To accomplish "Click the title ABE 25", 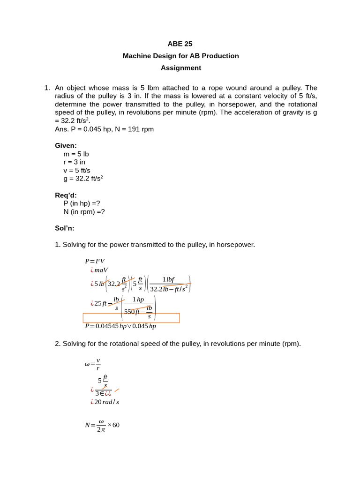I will [180, 44].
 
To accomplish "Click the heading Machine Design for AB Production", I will [180, 56].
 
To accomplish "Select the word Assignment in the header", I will [180, 68].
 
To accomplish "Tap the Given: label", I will [66, 145].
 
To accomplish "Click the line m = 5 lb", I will [76, 154].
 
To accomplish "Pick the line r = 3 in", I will [74, 162].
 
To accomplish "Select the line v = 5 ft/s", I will [77, 170].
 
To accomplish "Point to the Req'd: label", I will [66, 195].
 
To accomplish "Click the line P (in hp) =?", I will [82, 203].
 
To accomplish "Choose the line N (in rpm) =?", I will [84, 211].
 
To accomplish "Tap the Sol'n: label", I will [65, 228].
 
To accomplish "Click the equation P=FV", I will [95, 261].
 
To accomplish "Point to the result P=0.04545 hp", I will [105, 326].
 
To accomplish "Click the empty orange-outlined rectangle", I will [131, 318].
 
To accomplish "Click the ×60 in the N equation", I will [113, 425].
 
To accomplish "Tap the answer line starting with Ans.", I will [104, 129].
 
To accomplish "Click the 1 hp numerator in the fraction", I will [138, 300].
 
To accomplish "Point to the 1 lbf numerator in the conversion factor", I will [168, 279].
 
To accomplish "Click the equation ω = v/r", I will [93, 364].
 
